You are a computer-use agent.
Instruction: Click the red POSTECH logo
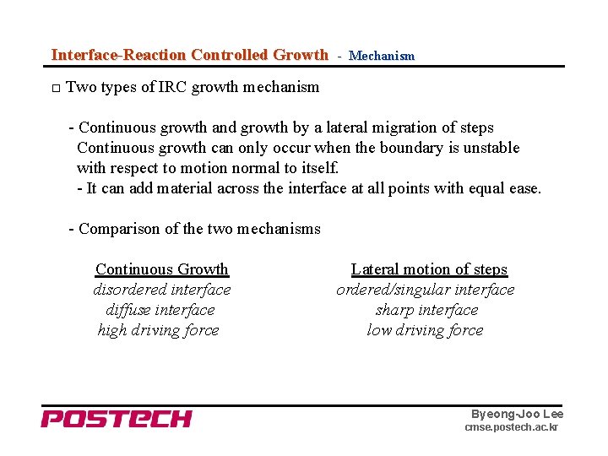pyautogui.click(x=117, y=418)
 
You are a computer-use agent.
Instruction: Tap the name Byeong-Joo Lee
pyautogui.click(x=517, y=414)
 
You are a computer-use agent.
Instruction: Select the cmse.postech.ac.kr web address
pyautogui.click(x=511, y=428)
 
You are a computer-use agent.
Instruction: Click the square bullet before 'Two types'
pyautogui.click(x=55, y=88)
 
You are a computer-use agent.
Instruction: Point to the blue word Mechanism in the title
pyautogui.click(x=382, y=56)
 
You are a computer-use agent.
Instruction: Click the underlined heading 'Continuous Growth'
pyautogui.click(x=161, y=269)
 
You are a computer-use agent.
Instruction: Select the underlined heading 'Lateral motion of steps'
pyautogui.click(x=429, y=269)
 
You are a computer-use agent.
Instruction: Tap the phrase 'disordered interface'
pyautogui.click(x=161, y=290)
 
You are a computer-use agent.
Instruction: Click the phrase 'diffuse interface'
pyautogui.click(x=160, y=310)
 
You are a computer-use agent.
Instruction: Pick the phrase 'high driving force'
pyautogui.click(x=158, y=330)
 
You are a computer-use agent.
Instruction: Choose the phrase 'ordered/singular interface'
pyautogui.click(x=425, y=290)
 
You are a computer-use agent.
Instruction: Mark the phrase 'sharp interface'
pyautogui.click(x=426, y=310)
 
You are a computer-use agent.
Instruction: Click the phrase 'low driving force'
pyautogui.click(x=425, y=330)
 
